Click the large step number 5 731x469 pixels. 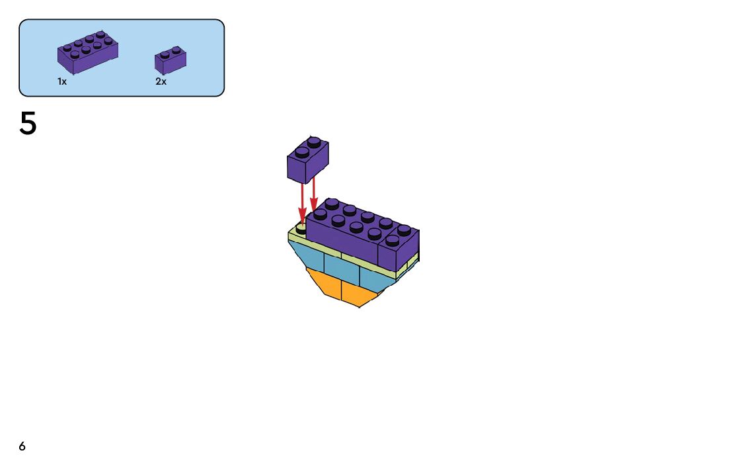point(28,124)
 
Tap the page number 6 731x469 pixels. point(22,447)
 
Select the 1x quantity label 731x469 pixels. point(62,81)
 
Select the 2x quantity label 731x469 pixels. point(161,81)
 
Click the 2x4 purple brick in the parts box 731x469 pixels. point(88,52)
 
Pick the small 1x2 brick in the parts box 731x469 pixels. point(170,60)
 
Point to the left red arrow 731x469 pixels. point(303,202)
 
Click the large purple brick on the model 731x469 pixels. point(344,238)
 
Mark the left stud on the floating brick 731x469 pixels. point(302,151)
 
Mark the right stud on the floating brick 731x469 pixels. point(315,141)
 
